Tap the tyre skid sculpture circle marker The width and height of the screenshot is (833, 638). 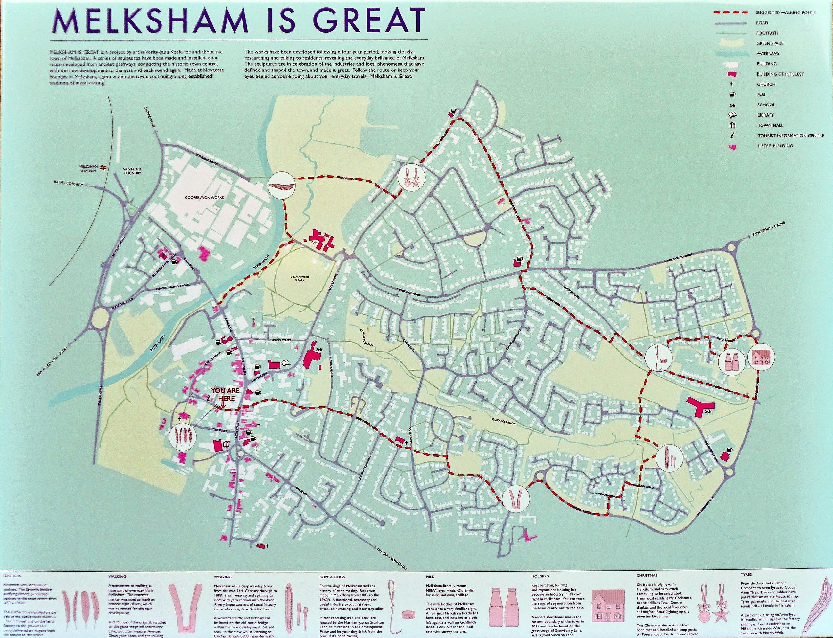281,185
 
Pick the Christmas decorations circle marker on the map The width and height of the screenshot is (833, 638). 411,180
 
